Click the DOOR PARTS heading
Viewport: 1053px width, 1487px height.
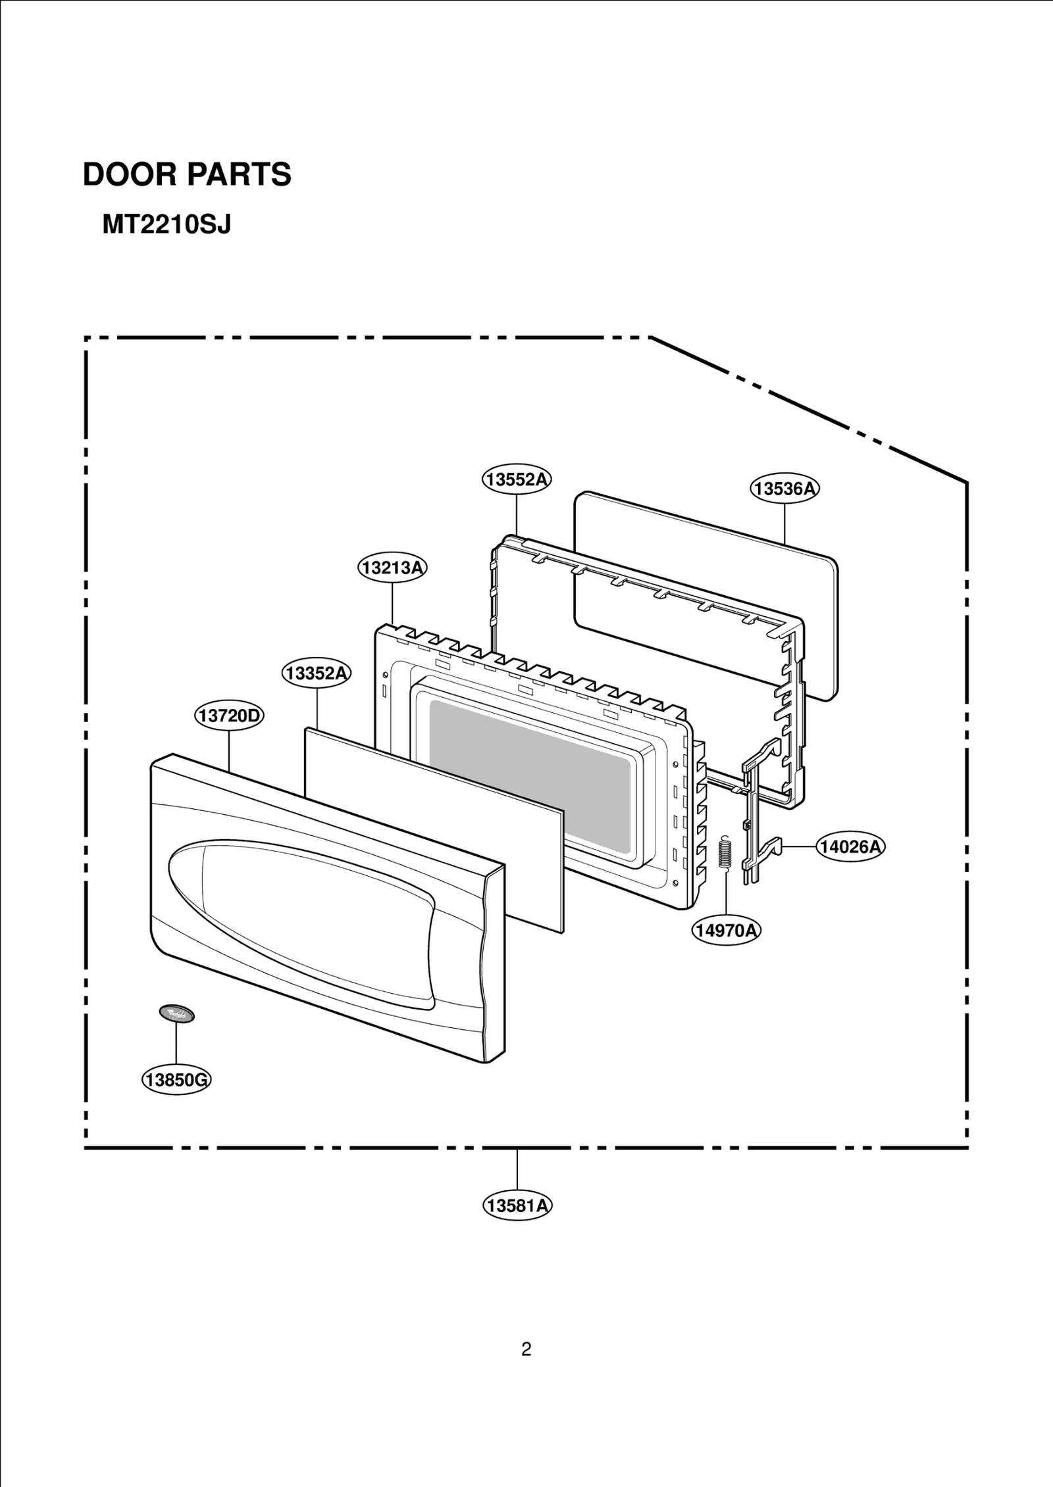pos(187,175)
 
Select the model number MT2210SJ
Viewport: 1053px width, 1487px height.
pos(167,226)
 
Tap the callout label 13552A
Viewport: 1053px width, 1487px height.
pos(517,479)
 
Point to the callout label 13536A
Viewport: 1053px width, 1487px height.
pos(784,489)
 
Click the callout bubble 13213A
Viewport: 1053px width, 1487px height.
pos(392,568)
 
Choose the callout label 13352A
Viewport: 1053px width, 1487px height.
pos(317,673)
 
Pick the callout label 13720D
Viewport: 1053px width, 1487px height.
pos(229,716)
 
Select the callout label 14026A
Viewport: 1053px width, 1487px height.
pos(850,846)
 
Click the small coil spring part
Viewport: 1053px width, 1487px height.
pos(725,853)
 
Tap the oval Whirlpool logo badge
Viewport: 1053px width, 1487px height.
pos(176,1013)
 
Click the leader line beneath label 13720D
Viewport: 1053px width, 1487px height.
pos(229,750)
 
